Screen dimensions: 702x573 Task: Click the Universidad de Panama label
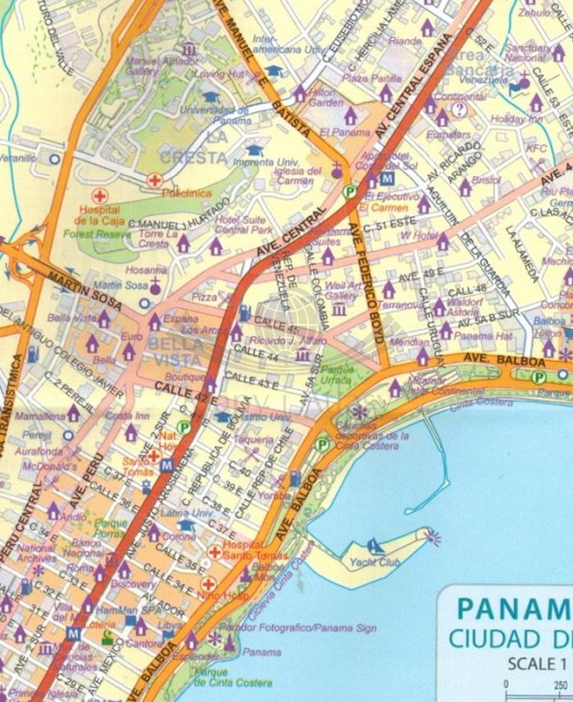[x=210, y=115]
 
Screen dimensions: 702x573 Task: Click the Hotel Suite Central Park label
[x=246, y=224]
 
